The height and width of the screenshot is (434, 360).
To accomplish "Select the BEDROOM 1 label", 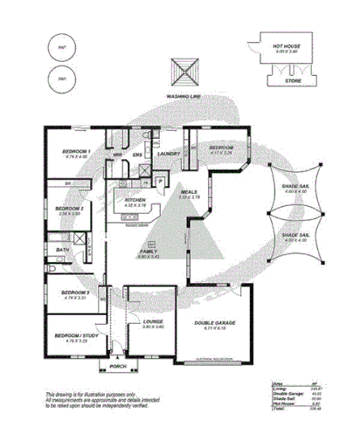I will [77, 151].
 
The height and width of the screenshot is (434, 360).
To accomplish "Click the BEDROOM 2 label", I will [69, 208].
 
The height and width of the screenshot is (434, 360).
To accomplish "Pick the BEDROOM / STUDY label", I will [77, 336].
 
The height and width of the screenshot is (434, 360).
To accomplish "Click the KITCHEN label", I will [135, 200].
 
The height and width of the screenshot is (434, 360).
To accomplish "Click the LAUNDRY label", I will [169, 154].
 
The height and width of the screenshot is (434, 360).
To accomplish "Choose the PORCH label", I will [118, 366].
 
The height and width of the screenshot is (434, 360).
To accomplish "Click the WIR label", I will [118, 155].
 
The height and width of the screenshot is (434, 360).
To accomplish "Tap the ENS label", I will [137, 155].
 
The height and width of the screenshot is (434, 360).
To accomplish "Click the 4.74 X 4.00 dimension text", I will [77, 157].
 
